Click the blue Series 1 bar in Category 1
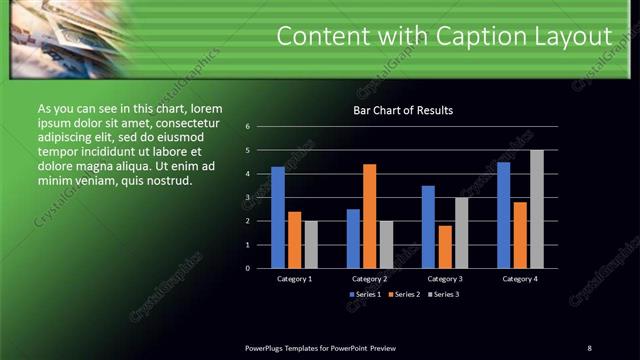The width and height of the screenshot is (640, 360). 278,217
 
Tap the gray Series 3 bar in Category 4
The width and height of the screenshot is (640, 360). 537,209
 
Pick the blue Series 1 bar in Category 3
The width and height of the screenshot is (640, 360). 428,227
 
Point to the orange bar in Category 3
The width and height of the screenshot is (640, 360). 445,247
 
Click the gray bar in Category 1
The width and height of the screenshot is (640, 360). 311,244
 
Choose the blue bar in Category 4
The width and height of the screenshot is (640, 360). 504,215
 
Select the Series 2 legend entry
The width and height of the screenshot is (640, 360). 403,295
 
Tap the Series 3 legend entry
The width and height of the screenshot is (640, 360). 443,295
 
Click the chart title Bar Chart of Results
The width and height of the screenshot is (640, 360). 403,110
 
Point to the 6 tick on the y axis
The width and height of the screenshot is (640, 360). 261,127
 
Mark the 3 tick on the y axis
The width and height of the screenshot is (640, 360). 261,198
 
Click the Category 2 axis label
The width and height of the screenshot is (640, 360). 369,279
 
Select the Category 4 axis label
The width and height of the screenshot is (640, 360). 520,279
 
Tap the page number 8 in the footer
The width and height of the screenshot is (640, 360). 589,347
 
